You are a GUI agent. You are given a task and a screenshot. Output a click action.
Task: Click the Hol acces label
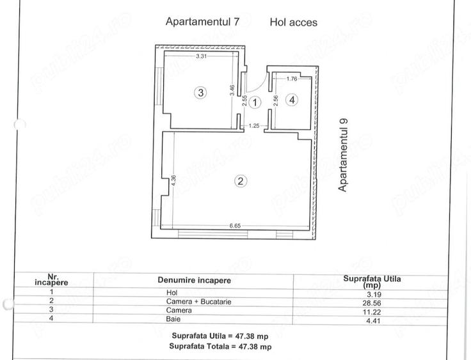[x=293, y=22]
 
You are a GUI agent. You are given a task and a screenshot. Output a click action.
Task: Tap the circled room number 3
[x=200, y=93]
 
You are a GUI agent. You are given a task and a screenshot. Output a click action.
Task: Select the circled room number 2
[x=241, y=181]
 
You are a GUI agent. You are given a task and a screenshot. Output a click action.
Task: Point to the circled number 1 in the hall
[x=255, y=102]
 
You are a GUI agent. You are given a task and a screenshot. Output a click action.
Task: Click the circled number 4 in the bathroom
[x=292, y=100]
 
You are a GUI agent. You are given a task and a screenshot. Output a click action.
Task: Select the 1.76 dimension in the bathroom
[x=292, y=79]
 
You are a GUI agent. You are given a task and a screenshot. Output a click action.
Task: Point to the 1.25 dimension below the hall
[x=253, y=126]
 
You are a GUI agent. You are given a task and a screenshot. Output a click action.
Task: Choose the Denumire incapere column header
[x=195, y=280]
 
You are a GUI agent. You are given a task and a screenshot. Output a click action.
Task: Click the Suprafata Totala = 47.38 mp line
[x=221, y=346]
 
